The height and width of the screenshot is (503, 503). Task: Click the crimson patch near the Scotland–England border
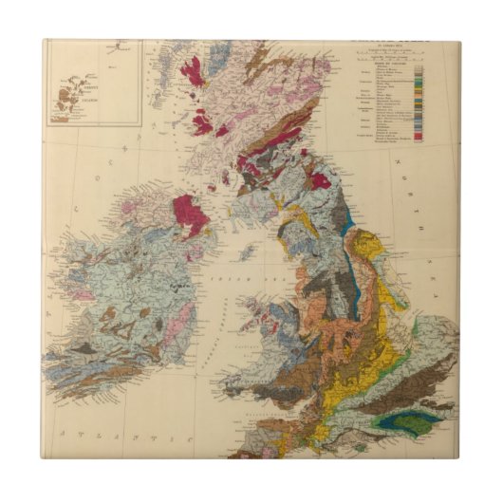319,179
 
